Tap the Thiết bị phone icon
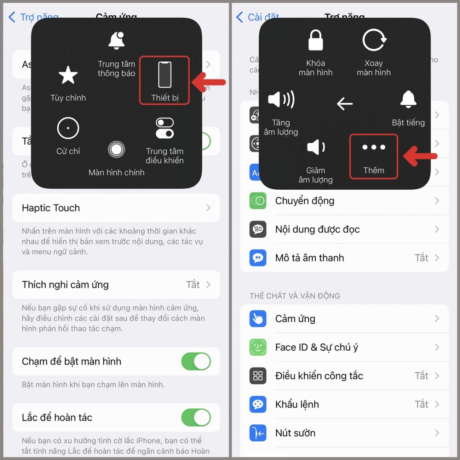(165, 74)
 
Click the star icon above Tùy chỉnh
(68, 75)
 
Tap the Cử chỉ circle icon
(68, 128)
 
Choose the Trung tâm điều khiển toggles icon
(165, 128)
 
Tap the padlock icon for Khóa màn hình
(315, 40)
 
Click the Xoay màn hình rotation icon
(374, 40)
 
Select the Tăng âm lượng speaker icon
(281, 100)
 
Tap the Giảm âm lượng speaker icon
(316, 147)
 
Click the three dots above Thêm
(374, 147)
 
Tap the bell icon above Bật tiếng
(408, 100)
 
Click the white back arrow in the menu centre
(345, 103)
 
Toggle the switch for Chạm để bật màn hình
(196, 361)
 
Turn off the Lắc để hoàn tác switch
(196, 417)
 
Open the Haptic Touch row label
(51, 208)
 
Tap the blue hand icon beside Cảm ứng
(258, 319)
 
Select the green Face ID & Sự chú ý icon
(258, 347)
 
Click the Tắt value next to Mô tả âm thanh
(421, 258)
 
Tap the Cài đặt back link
(258, 17)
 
